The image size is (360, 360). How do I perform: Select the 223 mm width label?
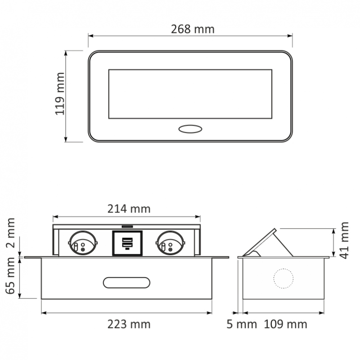[128, 324]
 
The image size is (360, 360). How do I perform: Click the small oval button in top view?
[190, 129]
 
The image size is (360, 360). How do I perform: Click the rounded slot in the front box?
[126, 282]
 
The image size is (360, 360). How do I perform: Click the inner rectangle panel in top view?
[190, 94]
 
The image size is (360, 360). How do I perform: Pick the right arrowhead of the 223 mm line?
[211, 312]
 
